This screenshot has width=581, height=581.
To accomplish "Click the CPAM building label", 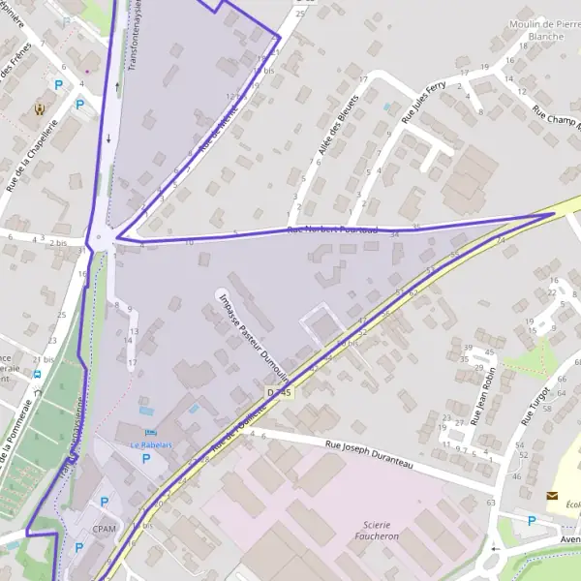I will tap(105, 530).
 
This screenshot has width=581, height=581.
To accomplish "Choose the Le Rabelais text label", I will tap(150, 445).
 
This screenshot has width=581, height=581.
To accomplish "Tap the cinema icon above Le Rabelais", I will tap(148, 431).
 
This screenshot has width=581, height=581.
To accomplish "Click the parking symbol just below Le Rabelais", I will tap(146, 459).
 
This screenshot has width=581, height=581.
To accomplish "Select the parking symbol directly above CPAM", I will tap(104, 502).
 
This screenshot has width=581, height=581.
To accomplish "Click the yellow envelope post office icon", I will tap(552, 496).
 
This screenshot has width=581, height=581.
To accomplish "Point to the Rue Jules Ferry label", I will tap(422, 99).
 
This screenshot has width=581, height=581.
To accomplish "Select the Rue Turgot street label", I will tap(535, 406).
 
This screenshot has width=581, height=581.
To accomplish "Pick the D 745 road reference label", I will tap(278, 392).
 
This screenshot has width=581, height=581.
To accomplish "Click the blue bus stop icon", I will tap(37, 374).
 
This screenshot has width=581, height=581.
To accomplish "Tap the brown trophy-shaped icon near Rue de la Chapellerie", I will tap(40, 108).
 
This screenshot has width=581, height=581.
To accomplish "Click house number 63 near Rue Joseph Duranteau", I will tap(491, 504).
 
